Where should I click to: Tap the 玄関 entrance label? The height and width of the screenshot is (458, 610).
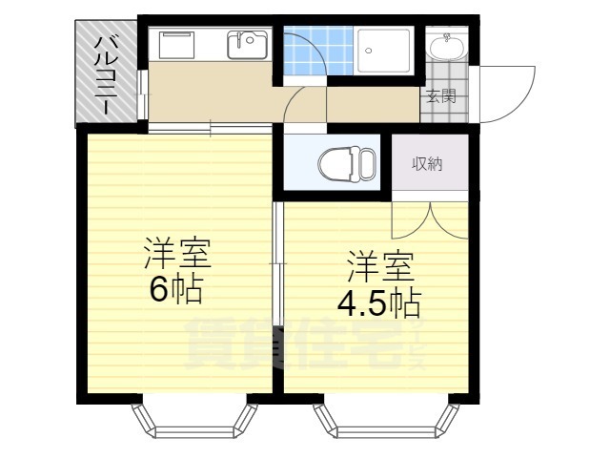tap(441, 96)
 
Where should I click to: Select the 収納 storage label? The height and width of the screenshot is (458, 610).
tap(428, 164)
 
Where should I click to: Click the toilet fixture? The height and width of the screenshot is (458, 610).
tap(347, 163)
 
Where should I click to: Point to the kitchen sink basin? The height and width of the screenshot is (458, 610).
tap(248, 45)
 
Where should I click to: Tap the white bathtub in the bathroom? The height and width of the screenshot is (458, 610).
tap(384, 51)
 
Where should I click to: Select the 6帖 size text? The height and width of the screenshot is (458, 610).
tap(175, 290)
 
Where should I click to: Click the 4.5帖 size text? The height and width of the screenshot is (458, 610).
tap(379, 302)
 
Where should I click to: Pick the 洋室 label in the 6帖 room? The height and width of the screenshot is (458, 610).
tap(177, 254)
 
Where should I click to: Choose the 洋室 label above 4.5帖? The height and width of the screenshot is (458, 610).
tap(380, 267)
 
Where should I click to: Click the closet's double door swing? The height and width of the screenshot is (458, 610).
tap(430, 220)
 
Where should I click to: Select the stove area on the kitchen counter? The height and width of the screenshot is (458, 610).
tap(177, 45)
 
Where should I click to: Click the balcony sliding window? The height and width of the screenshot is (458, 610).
tap(143, 94)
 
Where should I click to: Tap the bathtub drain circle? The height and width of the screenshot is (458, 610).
tap(369, 51)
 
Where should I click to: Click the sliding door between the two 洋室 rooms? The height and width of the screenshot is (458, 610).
tap(277, 263)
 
